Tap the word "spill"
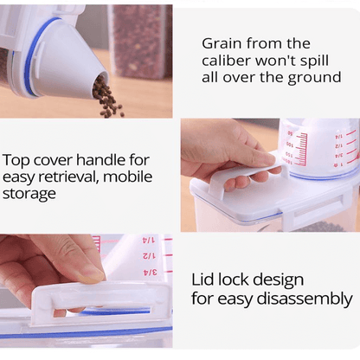click(314, 61)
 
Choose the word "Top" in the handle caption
click(16, 161)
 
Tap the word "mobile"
click(127, 177)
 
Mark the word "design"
click(278, 280)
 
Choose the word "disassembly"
click(305, 299)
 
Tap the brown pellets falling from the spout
click(107, 98)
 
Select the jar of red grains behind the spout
click(140, 42)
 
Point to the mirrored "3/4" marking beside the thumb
click(150, 272)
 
